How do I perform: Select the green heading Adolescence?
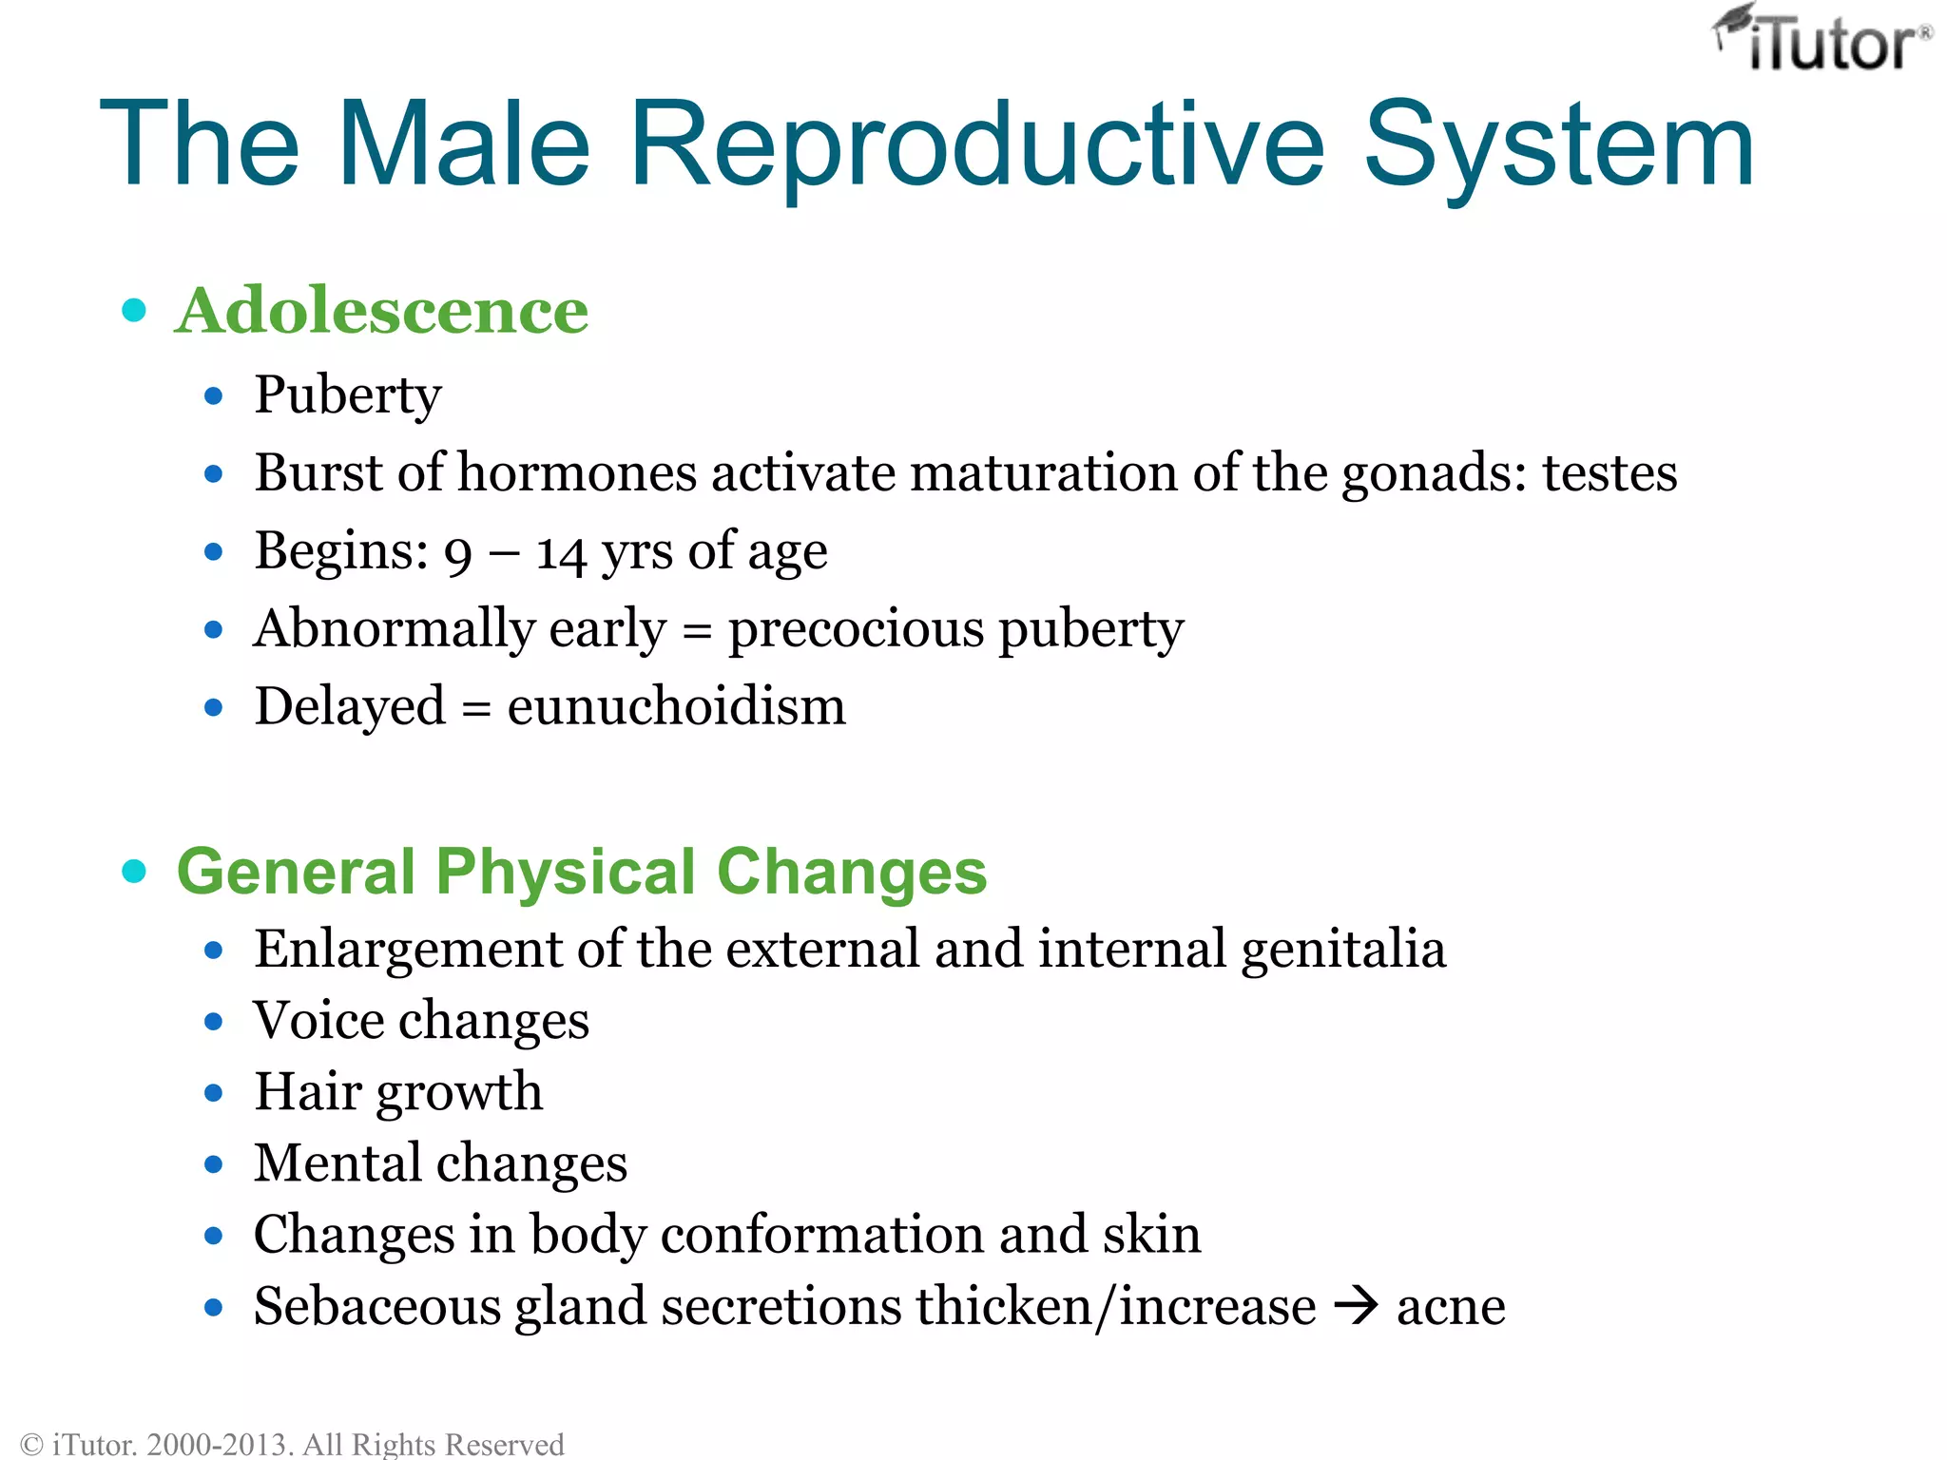[382, 312]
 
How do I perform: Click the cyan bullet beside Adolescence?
[135, 310]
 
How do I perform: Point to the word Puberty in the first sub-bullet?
[347, 395]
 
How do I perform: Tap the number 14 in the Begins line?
[561, 553]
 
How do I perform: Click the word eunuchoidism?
[676, 707]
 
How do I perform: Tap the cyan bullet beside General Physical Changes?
[135, 871]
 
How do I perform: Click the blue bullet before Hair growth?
[214, 1093]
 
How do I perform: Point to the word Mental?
[337, 1163]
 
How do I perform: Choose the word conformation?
[822, 1235]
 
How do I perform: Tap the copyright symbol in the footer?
[31, 1445]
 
